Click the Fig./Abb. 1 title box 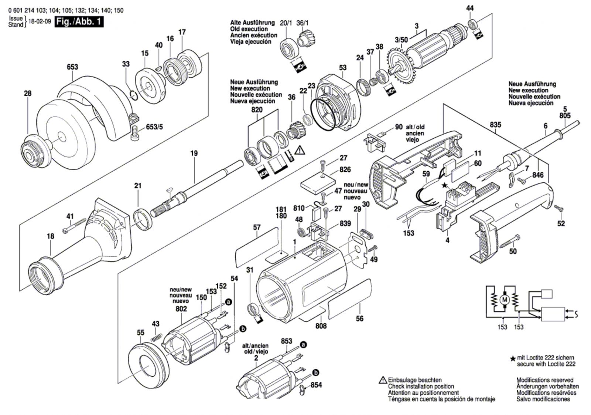coord(79,22)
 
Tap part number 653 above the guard coord(72,67)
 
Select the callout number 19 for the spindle coord(194,153)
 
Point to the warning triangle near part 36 coord(300,150)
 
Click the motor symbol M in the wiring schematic coord(504,299)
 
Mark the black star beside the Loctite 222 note coord(513,358)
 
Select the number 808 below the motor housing coord(321,326)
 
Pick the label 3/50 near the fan coord(402,40)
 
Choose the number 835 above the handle coord(495,125)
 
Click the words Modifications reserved coord(545,380)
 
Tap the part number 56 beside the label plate coord(359,318)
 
